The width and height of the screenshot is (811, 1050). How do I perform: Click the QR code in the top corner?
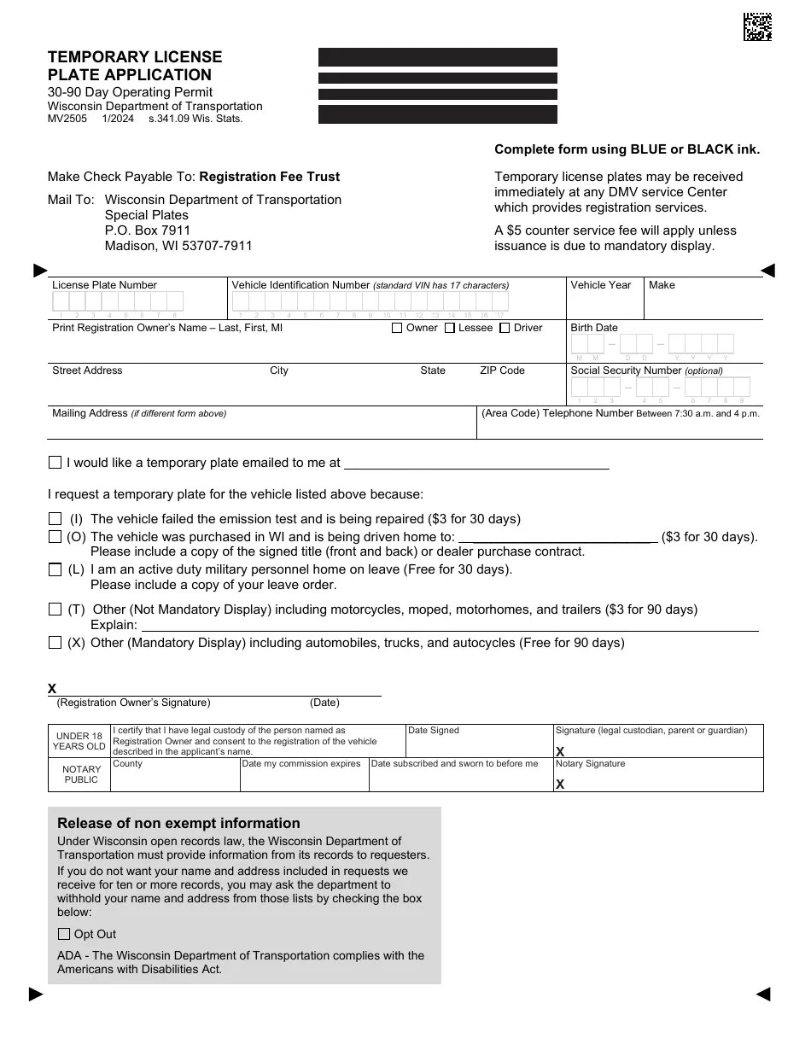point(757,27)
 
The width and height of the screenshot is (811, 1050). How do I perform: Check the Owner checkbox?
point(397,328)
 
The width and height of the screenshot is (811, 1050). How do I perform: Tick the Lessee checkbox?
point(450,328)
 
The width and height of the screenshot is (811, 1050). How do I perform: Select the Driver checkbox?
point(505,328)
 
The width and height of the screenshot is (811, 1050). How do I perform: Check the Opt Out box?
point(64,934)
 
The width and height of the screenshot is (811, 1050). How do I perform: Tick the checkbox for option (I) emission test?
point(55,519)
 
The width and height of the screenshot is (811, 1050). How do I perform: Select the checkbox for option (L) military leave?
point(55,569)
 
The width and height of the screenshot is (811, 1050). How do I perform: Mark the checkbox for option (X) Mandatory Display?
point(55,643)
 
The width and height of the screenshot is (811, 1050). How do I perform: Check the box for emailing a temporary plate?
point(55,463)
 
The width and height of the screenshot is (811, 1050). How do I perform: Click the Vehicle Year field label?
point(600,285)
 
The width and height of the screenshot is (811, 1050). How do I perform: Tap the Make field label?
point(662,285)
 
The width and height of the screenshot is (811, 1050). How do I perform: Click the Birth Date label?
point(593,328)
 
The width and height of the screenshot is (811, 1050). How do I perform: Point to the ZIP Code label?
point(502,370)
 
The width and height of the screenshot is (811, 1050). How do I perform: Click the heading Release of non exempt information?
point(178,824)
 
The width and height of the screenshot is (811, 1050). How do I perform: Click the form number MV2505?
point(67,119)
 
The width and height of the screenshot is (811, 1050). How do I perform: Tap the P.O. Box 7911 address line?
point(148,230)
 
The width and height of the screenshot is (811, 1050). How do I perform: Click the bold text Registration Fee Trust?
point(269,177)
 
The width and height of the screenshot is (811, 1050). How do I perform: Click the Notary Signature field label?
point(590,764)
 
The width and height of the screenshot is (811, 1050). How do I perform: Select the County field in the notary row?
point(175,778)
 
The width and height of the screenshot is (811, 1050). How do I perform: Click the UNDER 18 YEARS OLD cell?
point(79,741)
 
